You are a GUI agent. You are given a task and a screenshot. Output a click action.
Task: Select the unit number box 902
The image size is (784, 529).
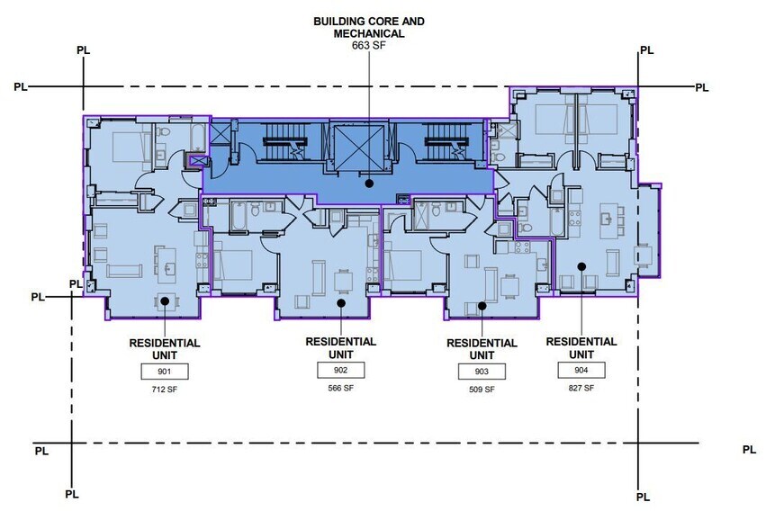pos(340,371)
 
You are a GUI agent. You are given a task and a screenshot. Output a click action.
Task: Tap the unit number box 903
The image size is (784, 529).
pos(482,372)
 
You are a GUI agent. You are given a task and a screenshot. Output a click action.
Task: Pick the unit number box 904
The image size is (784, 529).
pos(581,371)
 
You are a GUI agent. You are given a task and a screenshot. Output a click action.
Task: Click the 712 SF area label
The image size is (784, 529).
pos(165,390)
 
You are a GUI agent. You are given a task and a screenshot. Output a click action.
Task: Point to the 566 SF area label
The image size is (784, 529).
pos(340,389)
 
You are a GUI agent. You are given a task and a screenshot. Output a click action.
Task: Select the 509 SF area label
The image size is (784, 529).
pos(482,390)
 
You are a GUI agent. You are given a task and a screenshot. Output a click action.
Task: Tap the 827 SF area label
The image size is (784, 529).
pos(581,388)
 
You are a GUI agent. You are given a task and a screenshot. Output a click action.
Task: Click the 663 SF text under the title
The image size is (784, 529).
pos(369,45)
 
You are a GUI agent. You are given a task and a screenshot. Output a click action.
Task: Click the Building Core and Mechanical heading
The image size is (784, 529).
pos(369,27)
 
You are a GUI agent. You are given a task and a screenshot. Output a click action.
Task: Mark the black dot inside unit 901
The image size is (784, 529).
pos(165,301)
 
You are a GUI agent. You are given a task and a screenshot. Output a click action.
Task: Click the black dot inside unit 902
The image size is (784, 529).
pos(341,304)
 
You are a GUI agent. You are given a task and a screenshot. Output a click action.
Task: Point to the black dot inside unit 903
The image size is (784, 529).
pos(482,306)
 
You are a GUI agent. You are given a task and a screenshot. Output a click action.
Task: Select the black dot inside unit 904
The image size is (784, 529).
pos(581,266)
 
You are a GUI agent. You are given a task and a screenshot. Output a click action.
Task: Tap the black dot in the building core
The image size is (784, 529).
pos(369,183)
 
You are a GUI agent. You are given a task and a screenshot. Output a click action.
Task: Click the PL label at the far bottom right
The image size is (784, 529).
pos(749,450)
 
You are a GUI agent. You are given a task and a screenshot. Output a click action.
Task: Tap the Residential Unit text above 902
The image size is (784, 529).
pos(340,348)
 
